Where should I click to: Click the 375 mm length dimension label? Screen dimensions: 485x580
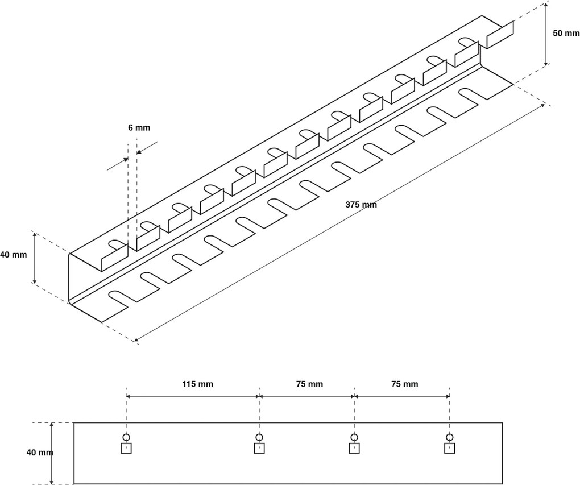click(x=361, y=205)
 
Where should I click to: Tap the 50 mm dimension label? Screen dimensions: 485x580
click(x=566, y=33)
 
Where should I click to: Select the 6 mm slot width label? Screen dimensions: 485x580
click(x=139, y=128)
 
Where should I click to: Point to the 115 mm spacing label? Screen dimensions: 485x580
click(x=198, y=384)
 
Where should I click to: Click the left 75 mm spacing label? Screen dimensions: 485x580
click(x=309, y=384)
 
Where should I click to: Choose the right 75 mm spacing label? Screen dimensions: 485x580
click(x=404, y=384)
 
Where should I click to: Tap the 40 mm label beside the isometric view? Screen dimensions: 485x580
click(x=13, y=255)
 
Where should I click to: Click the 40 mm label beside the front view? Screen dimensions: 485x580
click(x=40, y=453)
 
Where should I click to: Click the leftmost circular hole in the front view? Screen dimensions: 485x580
click(x=126, y=437)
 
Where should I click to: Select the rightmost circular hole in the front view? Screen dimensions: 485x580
click(x=450, y=437)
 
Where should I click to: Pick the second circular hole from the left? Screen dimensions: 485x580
click(x=259, y=437)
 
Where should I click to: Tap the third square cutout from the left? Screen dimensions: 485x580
click(x=354, y=449)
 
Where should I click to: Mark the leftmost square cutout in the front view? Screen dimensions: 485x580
click(x=126, y=449)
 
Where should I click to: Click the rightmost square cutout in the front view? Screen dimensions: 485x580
click(x=450, y=449)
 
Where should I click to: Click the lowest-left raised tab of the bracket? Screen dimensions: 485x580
click(x=114, y=257)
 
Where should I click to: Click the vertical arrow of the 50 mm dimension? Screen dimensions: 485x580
click(x=546, y=33)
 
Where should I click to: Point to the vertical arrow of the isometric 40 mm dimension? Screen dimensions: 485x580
click(x=35, y=258)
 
